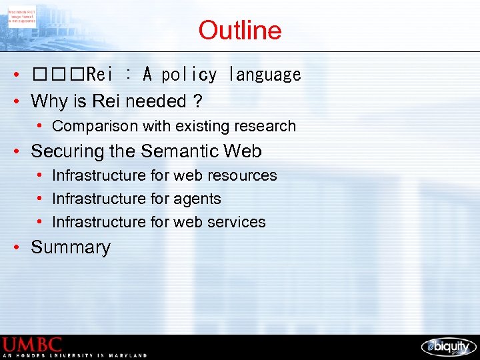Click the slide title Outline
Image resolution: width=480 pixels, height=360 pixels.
(239, 31)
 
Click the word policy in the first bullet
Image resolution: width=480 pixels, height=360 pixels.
(189, 75)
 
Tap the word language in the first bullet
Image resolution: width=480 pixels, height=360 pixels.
(264, 75)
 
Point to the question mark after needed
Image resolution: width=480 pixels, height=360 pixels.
(198, 101)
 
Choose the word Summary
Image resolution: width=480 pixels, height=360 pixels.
(71, 247)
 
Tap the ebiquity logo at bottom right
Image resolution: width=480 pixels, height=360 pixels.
(449, 347)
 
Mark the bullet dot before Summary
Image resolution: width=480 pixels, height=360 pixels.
(21, 247)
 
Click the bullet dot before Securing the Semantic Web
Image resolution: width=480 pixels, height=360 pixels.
(21, 152)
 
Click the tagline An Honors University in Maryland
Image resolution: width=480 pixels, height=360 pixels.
(75, 356)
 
